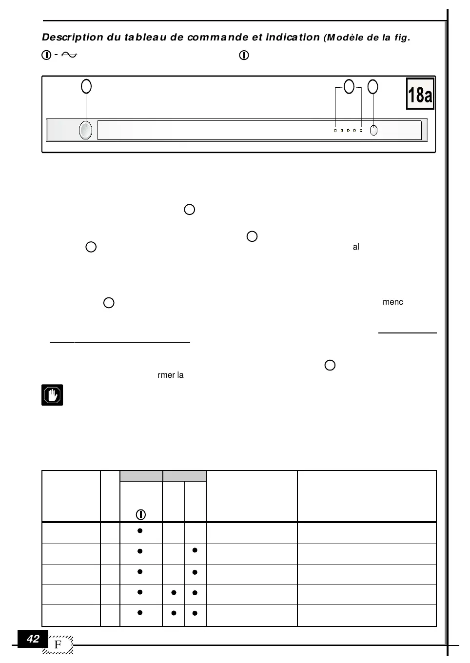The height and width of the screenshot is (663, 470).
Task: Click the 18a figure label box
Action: coord(420,94)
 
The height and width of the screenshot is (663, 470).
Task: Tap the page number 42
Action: coord(33,639)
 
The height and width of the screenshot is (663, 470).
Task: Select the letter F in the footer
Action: coord(58,645)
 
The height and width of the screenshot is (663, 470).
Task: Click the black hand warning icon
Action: coord(52,395)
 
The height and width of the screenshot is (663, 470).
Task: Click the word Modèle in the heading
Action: coord(345,38)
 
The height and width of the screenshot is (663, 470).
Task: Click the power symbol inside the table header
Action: coord(141,514)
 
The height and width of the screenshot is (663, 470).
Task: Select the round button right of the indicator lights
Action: coord(373,131)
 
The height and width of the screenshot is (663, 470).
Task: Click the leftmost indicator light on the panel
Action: coord(335,131)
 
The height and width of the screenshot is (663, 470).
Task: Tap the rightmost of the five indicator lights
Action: coord(361,131)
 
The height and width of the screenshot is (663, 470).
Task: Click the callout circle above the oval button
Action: coord(86,86)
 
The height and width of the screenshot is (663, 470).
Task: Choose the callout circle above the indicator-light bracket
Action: coord(349,86)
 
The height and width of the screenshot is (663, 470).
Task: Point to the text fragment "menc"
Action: coord(392,302)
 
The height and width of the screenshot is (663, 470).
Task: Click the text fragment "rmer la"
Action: coord(171,375)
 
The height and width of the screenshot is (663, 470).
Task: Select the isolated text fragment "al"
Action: coord(356,247)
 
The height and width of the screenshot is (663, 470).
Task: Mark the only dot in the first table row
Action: coord(140,530)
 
